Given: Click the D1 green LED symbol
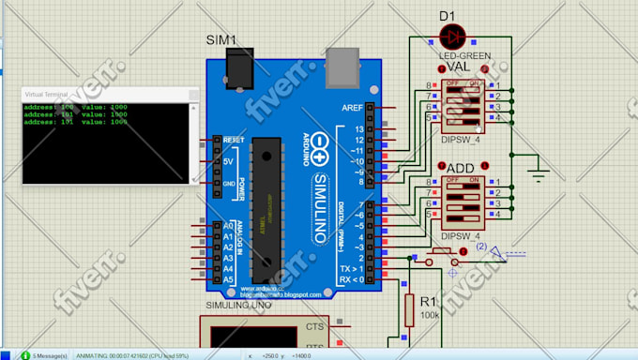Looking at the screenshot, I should pos(453,37).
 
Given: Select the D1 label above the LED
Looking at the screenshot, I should pos(448,15).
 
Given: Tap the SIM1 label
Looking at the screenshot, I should pos(221,39).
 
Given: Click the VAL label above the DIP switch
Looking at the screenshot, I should pos(459,67).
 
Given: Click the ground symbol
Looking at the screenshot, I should pos(539,172).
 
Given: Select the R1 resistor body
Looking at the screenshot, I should pos(408,308).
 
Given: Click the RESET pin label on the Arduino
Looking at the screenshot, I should pos(234,140).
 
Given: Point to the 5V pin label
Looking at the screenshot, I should pos(228,161).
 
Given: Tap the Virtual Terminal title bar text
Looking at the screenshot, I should pos(46,95).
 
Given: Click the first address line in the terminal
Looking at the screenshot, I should pos(76,107).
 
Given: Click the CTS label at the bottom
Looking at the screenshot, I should pos(314,327).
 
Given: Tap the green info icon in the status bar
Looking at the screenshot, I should pos(24,355).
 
